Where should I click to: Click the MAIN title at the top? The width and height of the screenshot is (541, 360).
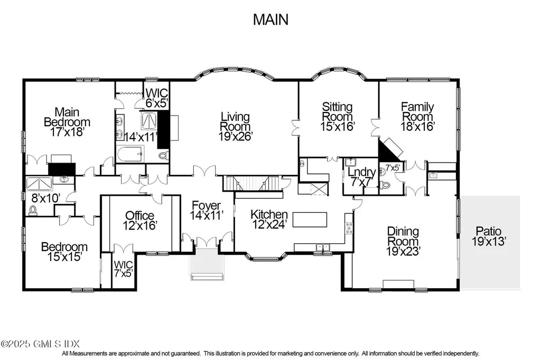click(x=270, y=20)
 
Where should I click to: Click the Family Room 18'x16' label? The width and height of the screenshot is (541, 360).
click(x=417, y=117)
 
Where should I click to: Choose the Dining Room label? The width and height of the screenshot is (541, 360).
click(x=403, y=241)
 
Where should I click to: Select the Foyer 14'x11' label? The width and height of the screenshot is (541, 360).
click(x=206, y=211)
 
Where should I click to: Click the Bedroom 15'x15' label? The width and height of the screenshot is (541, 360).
click(x=64, y=252)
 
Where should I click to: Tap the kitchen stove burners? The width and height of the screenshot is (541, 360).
click(x=349, y=228)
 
